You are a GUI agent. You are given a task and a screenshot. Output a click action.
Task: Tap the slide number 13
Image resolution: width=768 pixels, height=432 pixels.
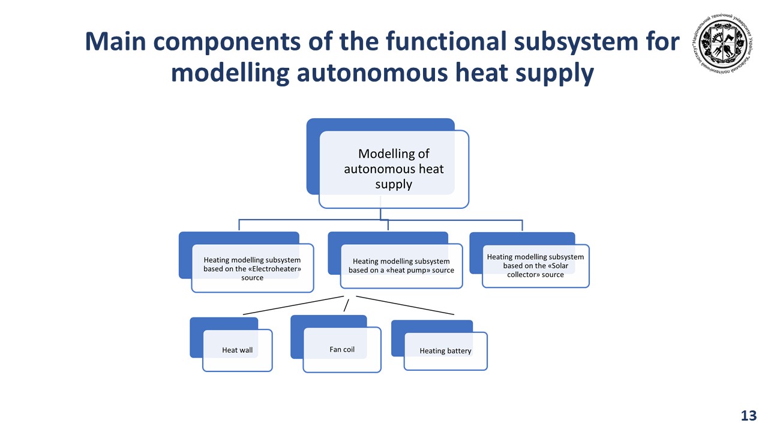pyautogui.click(x=749, y=416)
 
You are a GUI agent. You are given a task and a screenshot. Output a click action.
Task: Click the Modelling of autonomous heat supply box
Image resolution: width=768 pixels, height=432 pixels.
pyautogui.click(x=394, y=169)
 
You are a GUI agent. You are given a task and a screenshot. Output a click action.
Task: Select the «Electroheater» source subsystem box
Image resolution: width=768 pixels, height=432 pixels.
pyautogui.click(x=252, y=268)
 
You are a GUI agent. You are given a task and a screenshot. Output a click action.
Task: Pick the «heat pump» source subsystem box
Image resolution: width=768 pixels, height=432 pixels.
pyautogui.click(x=401, y=266)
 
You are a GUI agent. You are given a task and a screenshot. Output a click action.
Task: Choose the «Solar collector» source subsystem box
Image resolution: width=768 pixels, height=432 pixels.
pyautogui.click(x=535, y=265)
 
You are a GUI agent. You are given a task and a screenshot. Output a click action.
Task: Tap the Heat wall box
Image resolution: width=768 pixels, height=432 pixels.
pyautogui.click(x=238, y=350)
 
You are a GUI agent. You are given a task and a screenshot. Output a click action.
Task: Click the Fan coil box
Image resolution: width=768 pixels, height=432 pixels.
pyautogui.click(x=342, y=349)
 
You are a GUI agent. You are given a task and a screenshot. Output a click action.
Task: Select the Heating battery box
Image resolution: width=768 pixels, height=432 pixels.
pyautogui.click(x=445, y=350)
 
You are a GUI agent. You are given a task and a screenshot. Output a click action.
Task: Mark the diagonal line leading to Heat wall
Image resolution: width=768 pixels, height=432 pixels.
pyautogui.click(x=292, y=305)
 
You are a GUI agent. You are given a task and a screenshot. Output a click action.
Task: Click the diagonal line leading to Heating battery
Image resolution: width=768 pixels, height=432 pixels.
pyautogui.click(x=406, y=305)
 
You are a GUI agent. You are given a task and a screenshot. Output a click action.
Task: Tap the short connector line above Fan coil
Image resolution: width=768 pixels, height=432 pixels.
pyautogui.click(x=346, y=305)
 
